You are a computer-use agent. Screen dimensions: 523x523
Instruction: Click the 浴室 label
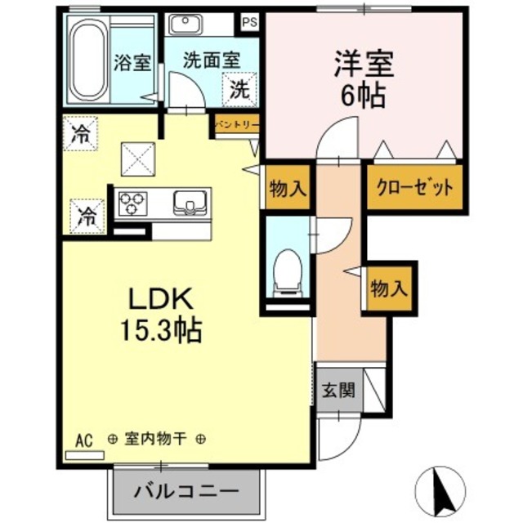click(132, 62)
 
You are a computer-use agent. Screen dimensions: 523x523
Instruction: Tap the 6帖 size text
click(364, 96)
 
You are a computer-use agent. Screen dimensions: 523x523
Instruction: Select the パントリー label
click(237, 125)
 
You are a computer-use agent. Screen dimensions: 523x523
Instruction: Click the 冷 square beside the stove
click(86, 217)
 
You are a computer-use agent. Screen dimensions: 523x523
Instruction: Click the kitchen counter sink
click(190, 202)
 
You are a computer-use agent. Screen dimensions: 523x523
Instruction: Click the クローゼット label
click(414, 188)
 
